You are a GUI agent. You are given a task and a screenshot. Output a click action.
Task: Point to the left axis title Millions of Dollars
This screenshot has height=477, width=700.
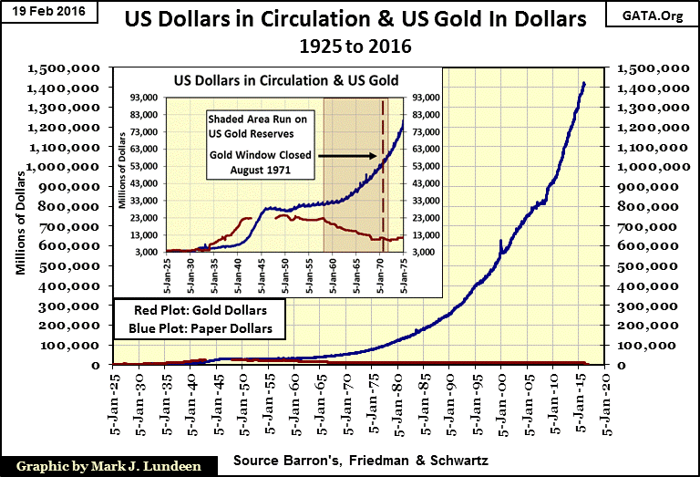coord(20,215)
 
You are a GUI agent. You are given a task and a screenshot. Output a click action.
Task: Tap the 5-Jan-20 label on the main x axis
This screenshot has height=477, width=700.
coord(609,399)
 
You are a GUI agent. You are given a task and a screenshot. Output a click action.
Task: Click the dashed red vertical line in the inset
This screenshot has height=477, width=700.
coord(383,173)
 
